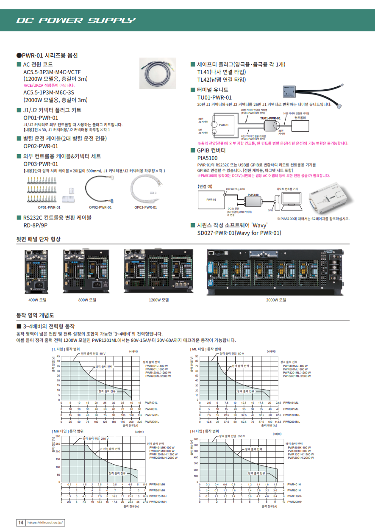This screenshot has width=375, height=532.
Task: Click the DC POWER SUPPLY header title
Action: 76,20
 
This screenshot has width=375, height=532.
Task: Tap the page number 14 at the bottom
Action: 20,523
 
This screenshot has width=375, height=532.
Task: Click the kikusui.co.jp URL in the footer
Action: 45,523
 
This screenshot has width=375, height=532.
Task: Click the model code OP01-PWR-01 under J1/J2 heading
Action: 41,118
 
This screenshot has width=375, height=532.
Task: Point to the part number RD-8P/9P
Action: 35,225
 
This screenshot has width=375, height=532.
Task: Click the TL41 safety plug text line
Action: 221,72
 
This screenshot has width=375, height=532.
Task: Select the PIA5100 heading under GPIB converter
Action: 207,158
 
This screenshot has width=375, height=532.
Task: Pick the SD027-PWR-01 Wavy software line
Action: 239,233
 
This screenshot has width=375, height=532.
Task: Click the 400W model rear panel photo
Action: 37,271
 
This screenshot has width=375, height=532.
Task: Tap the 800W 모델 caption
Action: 87,299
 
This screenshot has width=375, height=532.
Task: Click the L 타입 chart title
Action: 65,349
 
